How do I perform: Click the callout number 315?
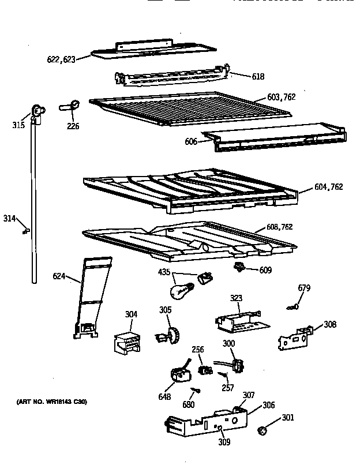(18, 124)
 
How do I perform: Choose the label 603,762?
(281, 98)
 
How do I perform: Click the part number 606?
(191, 141)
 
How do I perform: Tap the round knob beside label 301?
(262, 430)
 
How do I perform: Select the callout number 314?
(9, 218)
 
